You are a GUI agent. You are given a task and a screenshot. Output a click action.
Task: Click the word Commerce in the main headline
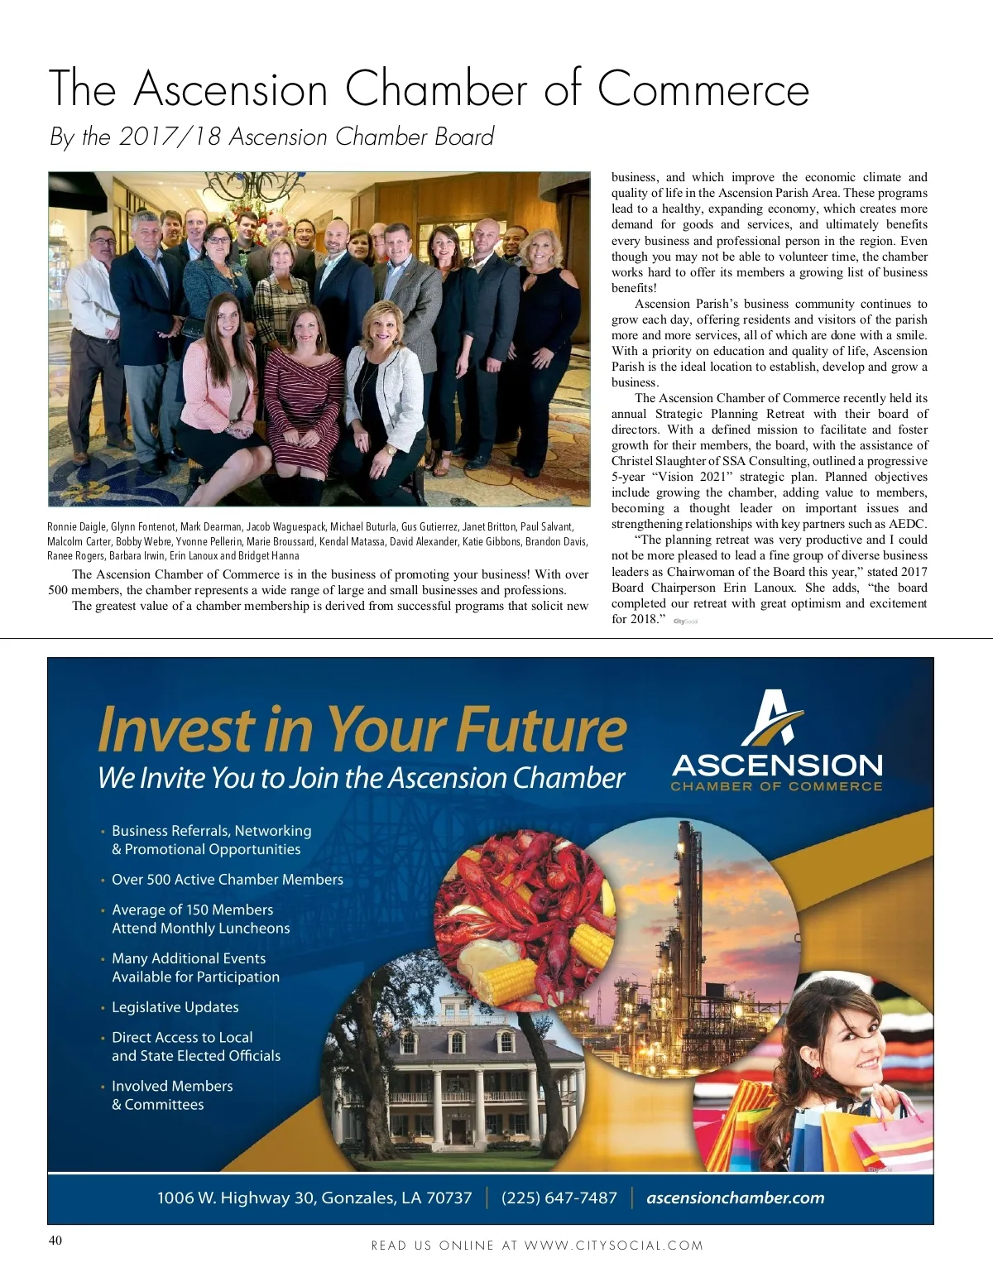tap(703, 89)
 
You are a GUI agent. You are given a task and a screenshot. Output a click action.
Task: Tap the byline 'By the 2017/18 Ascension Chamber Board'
tap(271, 137)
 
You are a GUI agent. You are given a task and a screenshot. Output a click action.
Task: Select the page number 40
tap(55, 1240)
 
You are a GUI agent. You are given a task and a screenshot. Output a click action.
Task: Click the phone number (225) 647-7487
tap(559, 1198)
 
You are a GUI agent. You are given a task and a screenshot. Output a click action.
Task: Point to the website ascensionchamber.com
tap(735, 1198)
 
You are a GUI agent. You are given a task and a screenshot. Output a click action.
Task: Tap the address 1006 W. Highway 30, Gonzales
tap(314, 1198)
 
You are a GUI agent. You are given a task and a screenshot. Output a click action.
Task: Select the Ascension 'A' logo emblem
tap(771, 718)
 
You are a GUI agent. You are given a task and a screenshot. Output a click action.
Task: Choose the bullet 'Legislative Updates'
tap(175, 1007)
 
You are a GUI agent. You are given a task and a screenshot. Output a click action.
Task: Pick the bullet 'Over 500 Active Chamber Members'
tap(227, 880)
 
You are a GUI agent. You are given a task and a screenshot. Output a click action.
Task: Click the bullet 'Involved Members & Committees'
tap(172, 1095)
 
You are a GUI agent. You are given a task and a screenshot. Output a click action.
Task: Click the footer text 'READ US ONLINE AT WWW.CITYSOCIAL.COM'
tap(537, 1245)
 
